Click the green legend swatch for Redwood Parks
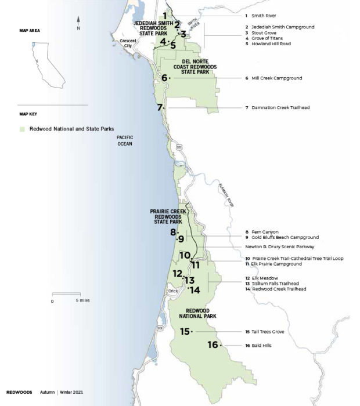[22, 129]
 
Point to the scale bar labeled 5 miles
[65, 295]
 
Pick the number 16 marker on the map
[213, 345]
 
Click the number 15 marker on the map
[185, 332]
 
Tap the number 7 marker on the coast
[160, 107]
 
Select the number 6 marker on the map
[165, 78]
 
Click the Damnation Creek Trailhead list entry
[278, 107]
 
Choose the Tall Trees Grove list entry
[268, 332]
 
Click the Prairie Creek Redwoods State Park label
[166, 216]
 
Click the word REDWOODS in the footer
[19, 392]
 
